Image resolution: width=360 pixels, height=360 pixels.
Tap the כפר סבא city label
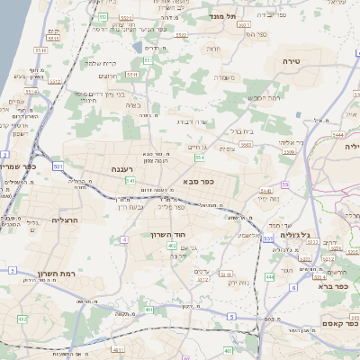pyautogui.click(x=196, y=181)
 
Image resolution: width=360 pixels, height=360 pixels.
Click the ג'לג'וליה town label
pyautogui.click(x=294, y=235)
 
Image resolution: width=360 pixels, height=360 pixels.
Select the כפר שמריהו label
pyautogui.click(x=20, y=167)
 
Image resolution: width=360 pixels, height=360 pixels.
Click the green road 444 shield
pyautogui.click(x=269, y=278)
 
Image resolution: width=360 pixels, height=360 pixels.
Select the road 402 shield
pyautogui.click(x=172, y=257)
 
